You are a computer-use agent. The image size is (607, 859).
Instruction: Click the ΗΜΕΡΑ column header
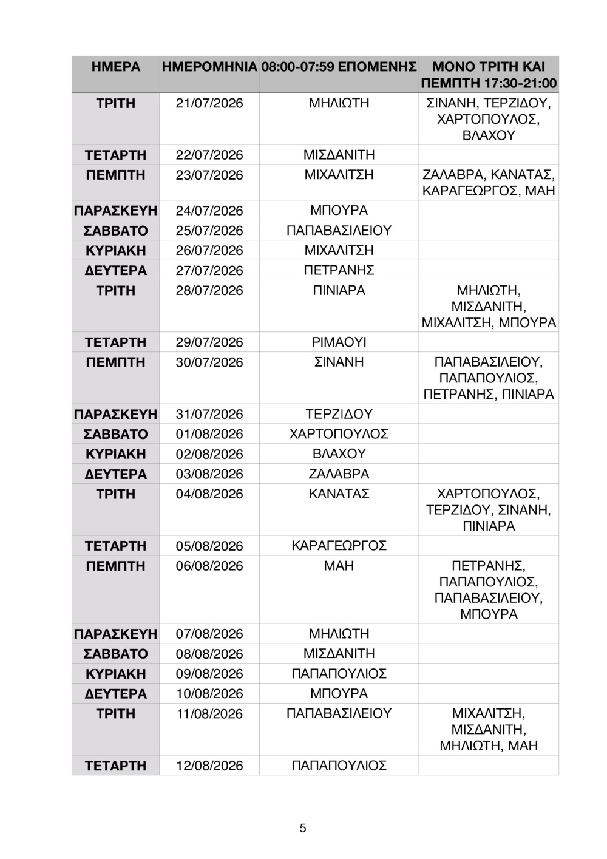tap(115, 67)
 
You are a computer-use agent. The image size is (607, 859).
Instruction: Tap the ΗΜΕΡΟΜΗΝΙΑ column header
tap(209, 67)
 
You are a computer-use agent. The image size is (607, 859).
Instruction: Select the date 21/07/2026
tap(209, 103)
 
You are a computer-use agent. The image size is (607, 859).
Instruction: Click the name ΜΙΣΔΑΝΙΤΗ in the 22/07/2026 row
tap(339, 155)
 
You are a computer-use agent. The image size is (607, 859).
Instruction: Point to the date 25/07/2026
tap(209, 231)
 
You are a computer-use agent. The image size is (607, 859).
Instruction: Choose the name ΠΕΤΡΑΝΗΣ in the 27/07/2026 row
tap(339, 270)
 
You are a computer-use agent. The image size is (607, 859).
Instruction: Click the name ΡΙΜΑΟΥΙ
tap(339, 342)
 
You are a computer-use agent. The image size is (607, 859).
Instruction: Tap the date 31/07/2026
tap(209, 414)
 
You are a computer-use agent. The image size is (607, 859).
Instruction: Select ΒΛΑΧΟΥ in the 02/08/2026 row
tap(339, 454)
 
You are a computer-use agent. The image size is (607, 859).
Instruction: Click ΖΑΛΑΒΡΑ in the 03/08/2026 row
tap(339, 474)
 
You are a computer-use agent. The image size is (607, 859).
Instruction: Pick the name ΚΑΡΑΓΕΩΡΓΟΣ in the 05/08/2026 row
tap(339, 546)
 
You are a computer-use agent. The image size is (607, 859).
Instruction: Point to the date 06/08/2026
tap(209, 566)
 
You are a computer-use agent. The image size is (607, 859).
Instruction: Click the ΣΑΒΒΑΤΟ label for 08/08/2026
tap(115, 654)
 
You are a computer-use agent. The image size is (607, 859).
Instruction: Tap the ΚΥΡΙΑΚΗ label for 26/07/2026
tap(115, 251)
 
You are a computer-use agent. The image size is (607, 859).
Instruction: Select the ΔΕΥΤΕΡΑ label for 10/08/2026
tap(115, 694)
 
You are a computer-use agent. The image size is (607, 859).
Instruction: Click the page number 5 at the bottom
tap(303, 828)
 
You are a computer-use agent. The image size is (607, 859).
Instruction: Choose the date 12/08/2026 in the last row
tap(209, 766)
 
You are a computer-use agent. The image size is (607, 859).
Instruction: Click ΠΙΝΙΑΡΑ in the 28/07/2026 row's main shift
tap(339, 291)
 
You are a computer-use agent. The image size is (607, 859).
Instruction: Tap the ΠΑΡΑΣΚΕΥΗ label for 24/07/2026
tap(115, 211)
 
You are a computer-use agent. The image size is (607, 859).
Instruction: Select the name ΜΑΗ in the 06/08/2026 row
tap(339, 566)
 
